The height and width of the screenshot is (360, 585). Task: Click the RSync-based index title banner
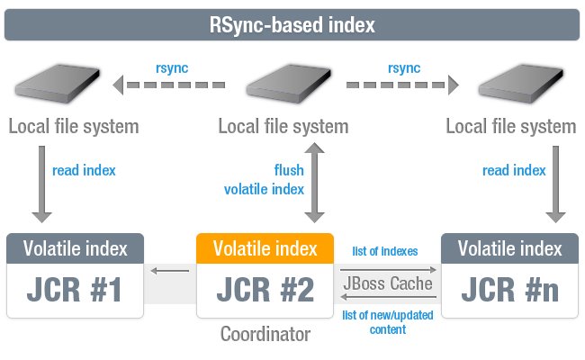(292, 24)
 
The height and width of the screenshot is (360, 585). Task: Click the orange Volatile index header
(265, 248)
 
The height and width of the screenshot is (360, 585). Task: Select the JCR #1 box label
(75, 290)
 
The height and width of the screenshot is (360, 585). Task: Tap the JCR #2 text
(265, 290)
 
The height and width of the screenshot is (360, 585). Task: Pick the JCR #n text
(509, 290)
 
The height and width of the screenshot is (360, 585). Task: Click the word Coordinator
(265, 334)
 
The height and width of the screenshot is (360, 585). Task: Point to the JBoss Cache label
(388, 283)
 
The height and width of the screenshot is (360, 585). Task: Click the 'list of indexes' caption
(385, 251)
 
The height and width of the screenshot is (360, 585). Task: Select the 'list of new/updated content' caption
(388, 322)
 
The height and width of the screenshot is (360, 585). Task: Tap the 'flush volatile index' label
(264, 180)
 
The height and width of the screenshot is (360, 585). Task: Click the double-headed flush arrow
(314, 183)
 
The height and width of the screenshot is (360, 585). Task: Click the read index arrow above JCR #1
(41, 184)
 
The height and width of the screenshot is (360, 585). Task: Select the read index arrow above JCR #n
(555, 184)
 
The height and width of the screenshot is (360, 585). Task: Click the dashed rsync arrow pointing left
(169, 85)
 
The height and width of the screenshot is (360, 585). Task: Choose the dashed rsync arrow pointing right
(402, 85)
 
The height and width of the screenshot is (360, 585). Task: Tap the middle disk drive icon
(289, 84)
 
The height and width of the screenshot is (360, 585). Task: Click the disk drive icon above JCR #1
(58, 84)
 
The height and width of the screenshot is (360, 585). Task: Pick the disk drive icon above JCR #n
(521, 84)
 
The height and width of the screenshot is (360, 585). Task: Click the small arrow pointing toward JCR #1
(170, 271)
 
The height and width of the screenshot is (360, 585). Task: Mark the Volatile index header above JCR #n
(509, 248)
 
